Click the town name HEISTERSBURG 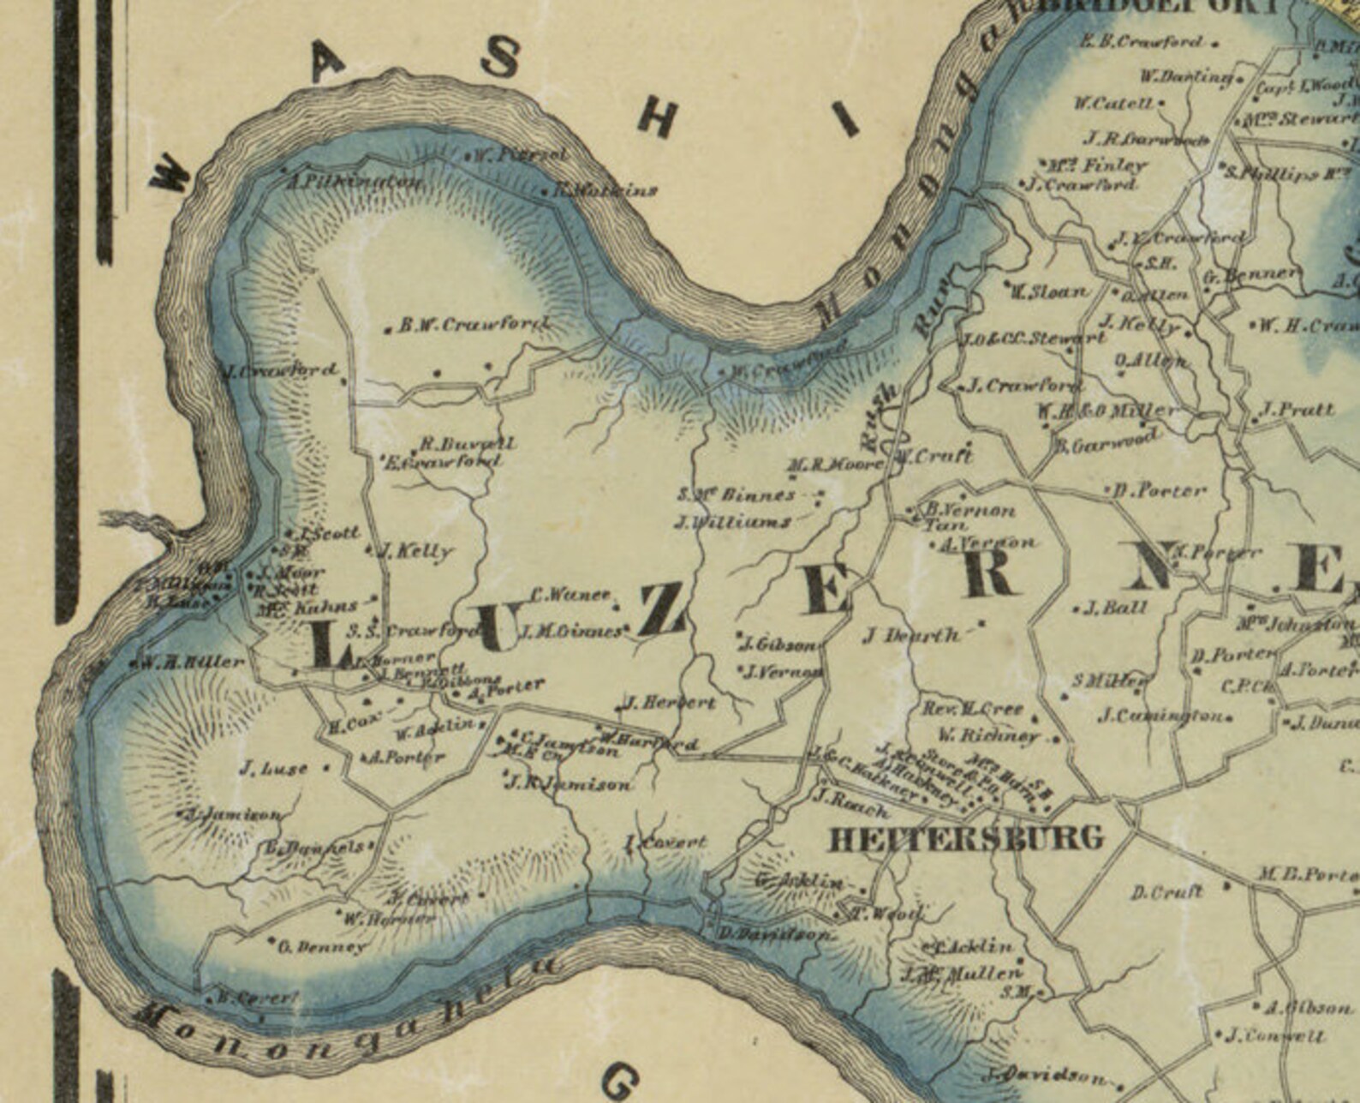click(966, 838)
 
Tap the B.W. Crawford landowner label click(474, 325)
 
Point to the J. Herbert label click(670, 703)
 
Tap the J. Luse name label click(273, 769)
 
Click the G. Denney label click(322, 947)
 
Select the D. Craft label click(1166, 892)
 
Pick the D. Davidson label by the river click(773, 934)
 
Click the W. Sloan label click(1048, 291)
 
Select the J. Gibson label click(780, 644)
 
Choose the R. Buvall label click(467, 444)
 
